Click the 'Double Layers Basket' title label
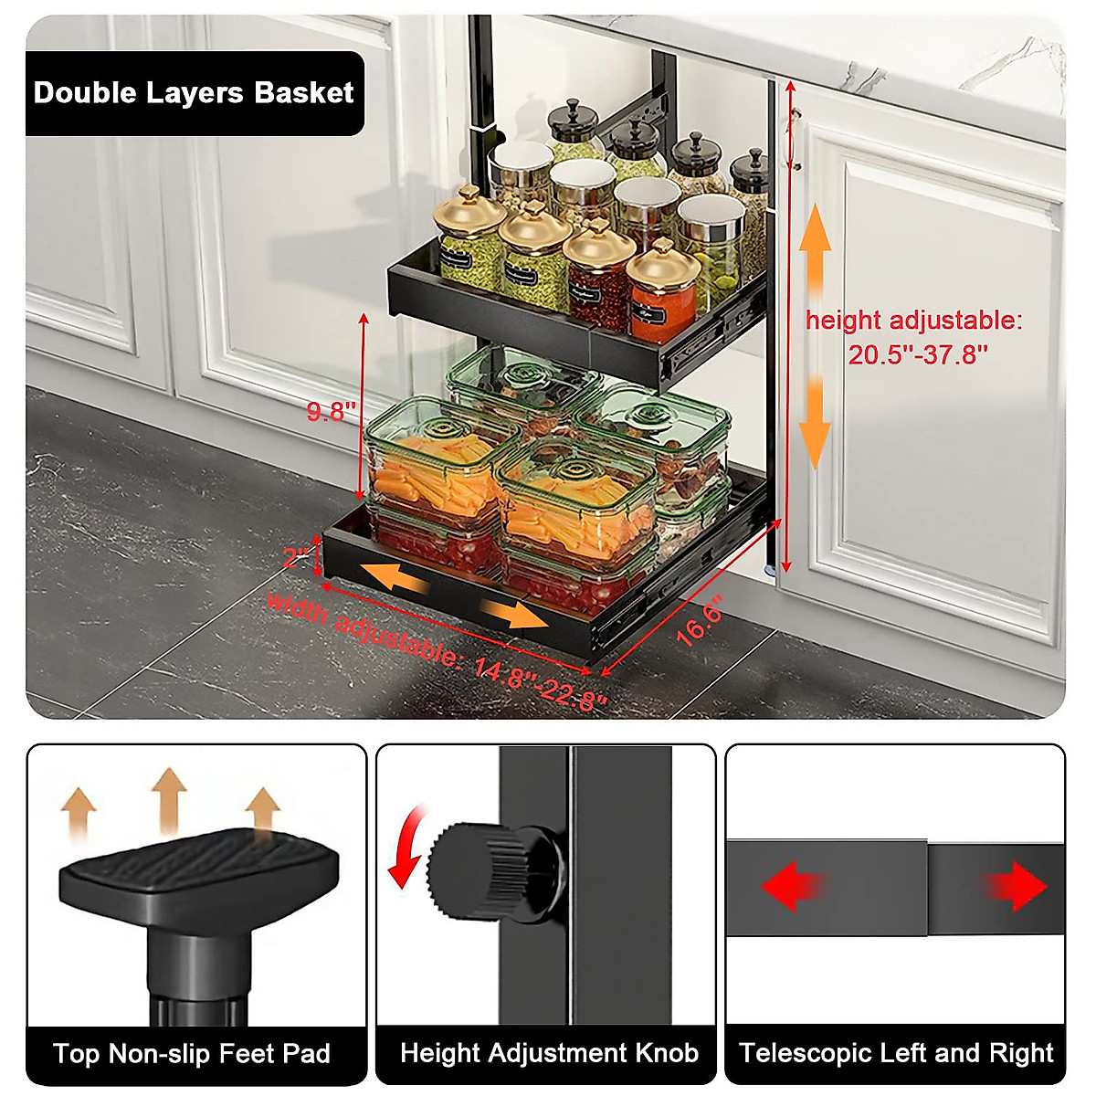[x=194, y=93]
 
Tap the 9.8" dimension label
[x=326, y=412]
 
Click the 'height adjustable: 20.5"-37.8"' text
[x=914, y=337]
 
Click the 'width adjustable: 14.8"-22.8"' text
[x=436, y=649]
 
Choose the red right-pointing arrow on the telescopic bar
[x=1016, y=887]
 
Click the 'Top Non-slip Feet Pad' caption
[x=192, y=1054]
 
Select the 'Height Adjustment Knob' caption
[x=549, y=1054]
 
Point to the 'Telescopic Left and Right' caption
[x=896, y=1054]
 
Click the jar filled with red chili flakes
[x=598, y=279]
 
